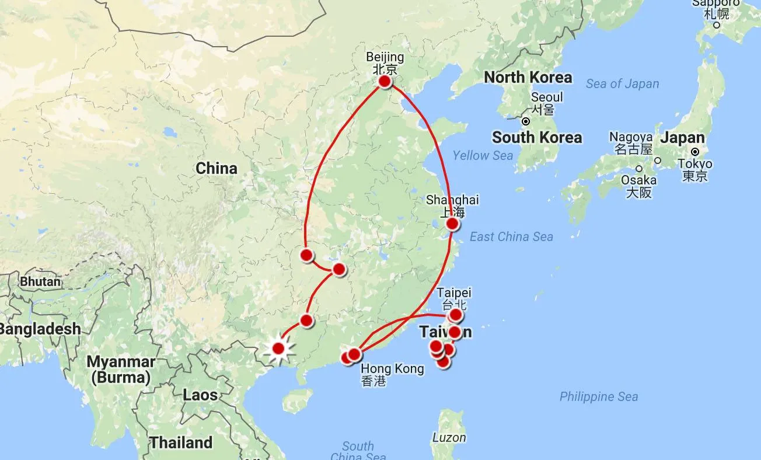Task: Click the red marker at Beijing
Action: [385, 82]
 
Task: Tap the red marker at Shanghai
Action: [452, 224]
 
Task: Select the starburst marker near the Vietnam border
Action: [278, 349]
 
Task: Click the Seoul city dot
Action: [526, 122]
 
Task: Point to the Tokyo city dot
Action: [695, 151]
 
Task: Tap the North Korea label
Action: [528, 77]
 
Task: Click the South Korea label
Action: [537, 138]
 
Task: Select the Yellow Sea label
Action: [483, 155]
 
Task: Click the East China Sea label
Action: [511, 236]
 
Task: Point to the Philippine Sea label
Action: [599, 397]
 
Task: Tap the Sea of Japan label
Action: [622, 84]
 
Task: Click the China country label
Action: [217, 169]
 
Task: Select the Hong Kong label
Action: [392, 369]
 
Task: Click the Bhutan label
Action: [40, 281]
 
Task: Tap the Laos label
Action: [200, 395]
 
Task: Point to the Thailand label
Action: [181, 442]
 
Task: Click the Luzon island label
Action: [449, 437]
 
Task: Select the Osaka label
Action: [638, 180]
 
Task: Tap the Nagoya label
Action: [631, 137]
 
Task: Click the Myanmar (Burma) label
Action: [121, 370]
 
